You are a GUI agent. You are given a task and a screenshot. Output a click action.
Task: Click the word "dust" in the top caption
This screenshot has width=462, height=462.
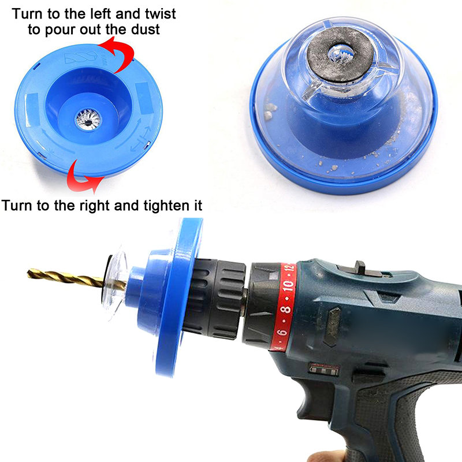coord(146,29)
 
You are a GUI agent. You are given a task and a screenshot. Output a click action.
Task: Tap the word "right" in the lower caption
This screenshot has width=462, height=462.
coord(95,206)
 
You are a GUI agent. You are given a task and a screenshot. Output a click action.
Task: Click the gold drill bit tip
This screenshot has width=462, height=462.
coord(28,273)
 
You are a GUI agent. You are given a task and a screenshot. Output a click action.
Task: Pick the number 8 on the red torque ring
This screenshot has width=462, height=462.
coord(285,309)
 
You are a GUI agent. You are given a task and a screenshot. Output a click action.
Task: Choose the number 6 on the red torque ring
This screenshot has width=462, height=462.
coord(282,333)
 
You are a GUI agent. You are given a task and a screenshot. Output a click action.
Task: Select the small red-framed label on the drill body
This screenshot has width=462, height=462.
coord(324,370)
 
